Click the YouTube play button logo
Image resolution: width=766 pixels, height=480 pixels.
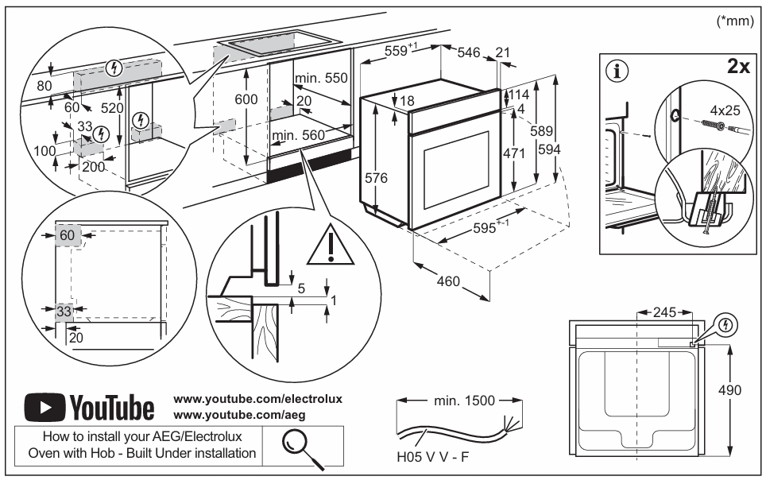pyautogui.click(x=45, y=407)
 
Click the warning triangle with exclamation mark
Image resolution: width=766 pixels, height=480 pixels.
pyautogui.click(x=331, y=245)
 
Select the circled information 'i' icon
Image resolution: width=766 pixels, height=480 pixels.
pyautogui.click(x=617, y=72)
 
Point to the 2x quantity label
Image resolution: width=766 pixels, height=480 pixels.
pyautogui.click(x=738, y=65)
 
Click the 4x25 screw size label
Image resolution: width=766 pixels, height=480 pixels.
pyautogui.click(x=725, y=110)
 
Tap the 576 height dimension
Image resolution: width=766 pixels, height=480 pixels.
pyautogui.click(x=376, y=178)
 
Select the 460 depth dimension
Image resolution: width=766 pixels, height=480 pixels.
pyautogui.click(x=448, y=281)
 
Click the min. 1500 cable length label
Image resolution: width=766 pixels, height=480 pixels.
pyautogui.click(x=464, y=401)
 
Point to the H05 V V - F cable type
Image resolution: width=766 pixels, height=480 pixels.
pyautogui.click(x=432, y=457)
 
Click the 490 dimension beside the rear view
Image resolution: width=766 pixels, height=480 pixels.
pyautogui.click(x=729, y=390)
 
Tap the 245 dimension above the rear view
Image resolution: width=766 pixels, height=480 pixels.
pyautogui.click(x=664, y=312)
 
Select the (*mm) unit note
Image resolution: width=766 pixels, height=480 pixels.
pyautogui.click(x=735, y=21)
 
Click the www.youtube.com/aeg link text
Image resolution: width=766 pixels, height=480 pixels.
pyautogui.click(x=239, y=415)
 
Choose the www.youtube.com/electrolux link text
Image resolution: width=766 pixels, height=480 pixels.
pyautogui.click(x=258, y=399)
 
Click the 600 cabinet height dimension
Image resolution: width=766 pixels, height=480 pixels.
pyautogui.click(x=246, y=99)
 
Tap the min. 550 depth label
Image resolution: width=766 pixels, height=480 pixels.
pyautogui.click(x=321, y=78)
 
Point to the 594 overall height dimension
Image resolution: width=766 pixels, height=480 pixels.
pyautogui.click(x=549, y=149)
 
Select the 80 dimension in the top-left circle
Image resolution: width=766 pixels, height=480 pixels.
pyautogui.click(x=44, y=86)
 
